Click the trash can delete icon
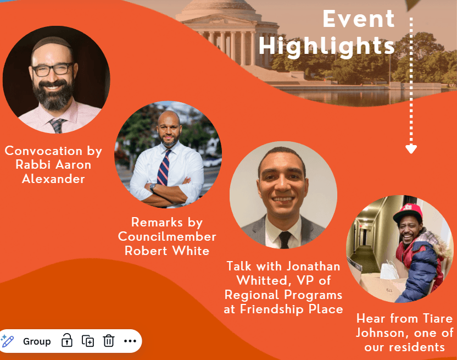(108, 341)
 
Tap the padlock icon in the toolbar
(67, 340)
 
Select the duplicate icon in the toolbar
(88, 341)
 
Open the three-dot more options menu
(130, 341)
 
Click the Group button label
(37, 341)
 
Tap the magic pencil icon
(7, 341)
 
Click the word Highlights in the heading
(327, 46)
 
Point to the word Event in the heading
(359, 19)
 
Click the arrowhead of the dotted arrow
(411, 149)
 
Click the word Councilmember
(167, 236)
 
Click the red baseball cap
(408, 213)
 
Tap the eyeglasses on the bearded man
(53, 69)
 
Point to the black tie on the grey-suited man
(285, 240)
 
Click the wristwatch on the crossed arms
(153, 187)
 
